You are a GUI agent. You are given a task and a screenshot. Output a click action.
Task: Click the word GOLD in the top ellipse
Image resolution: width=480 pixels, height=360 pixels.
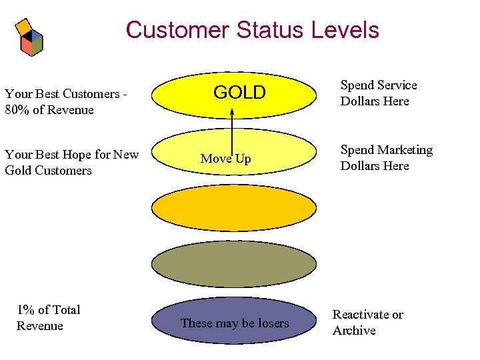pyautogui.click(x=239, y=93)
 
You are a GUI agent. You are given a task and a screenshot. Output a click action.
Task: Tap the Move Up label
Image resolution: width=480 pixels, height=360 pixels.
pyautogui.click(x=225, y=159)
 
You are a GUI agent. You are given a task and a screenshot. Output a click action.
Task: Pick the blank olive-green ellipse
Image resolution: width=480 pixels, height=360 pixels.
pyautogui.click(x=233, y=264)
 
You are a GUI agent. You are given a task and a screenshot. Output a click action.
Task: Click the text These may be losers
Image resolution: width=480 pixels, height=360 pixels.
pyautogui.click(x=235, y=323)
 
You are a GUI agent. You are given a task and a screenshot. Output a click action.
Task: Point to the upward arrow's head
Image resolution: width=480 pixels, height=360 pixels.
pyautogui.click(x=232, y=112)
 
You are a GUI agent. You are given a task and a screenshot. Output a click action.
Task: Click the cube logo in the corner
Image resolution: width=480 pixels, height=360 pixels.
pyautogui.click(x=29, y=37)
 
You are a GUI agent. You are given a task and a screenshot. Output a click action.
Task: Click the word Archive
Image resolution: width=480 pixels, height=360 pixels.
pyautogui.click(x=354, y=331)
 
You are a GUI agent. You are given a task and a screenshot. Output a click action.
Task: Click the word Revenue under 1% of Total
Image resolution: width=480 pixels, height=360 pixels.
pyautogui.click(x=39, y=326)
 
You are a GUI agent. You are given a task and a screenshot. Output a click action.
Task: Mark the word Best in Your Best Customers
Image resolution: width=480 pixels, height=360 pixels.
pyautogui.click(x=47, y=94)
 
